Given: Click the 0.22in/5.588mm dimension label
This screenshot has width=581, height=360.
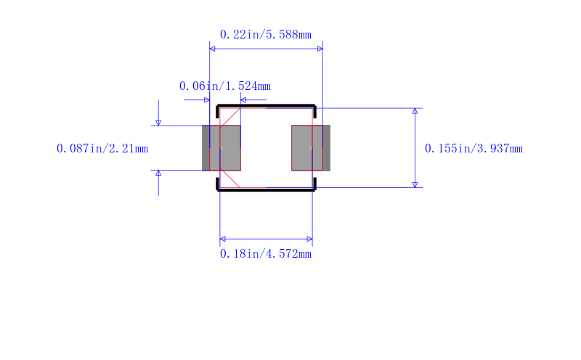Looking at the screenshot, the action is (x=265, y=35).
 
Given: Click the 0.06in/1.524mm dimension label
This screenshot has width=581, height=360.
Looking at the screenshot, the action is (x=225, y=86).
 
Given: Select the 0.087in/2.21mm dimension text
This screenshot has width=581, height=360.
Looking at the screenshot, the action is (x=102, y=149).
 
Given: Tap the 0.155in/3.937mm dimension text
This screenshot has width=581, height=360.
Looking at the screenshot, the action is (x=474, y=149).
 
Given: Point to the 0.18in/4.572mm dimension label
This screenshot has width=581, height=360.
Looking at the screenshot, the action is (x=265, y=254).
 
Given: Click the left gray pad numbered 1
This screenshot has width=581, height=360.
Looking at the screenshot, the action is (x=222, y=148).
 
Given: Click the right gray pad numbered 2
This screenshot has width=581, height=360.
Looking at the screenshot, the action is (x=311, y=148).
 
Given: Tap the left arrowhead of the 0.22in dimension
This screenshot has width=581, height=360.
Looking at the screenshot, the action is (x=212, y=49).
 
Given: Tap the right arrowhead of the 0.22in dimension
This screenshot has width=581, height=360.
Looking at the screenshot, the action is (x=320, y=49).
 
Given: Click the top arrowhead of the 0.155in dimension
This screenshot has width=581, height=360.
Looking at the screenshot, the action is (x=415, y=111).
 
